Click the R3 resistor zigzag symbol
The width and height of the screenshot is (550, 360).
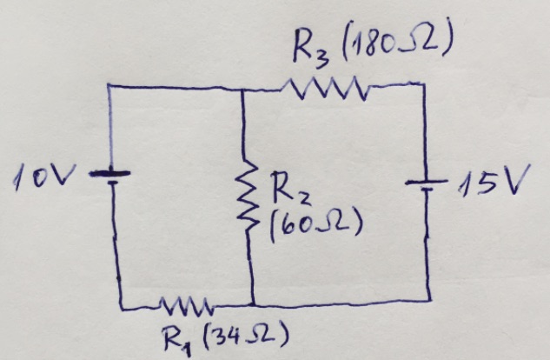tap(328, 87)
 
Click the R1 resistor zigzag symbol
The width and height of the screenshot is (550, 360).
tap(184, 305)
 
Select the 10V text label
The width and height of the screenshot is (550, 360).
tap(43, 180)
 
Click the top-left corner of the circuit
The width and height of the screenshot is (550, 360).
tap(108, 86)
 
